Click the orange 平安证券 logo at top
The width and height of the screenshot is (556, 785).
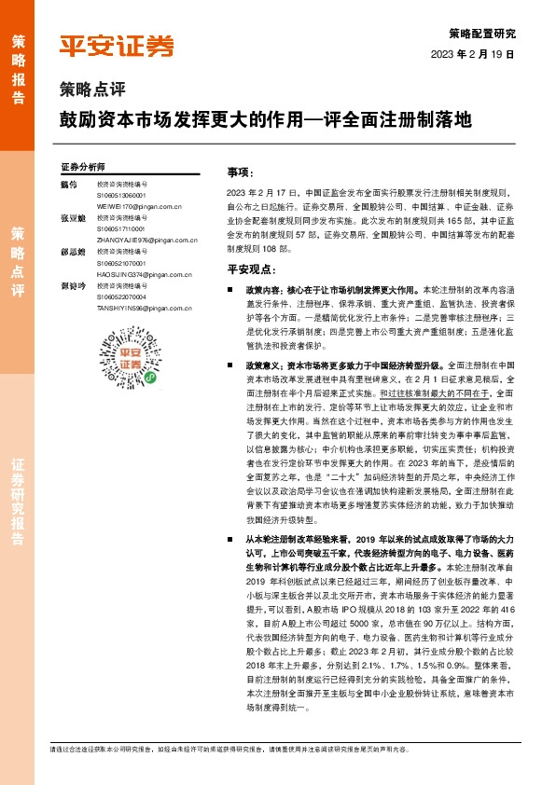point(117,46)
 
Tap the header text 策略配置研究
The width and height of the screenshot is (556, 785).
point(488,33)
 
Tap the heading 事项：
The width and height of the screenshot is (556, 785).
point(240,172)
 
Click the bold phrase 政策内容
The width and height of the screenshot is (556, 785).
point(261,291)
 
